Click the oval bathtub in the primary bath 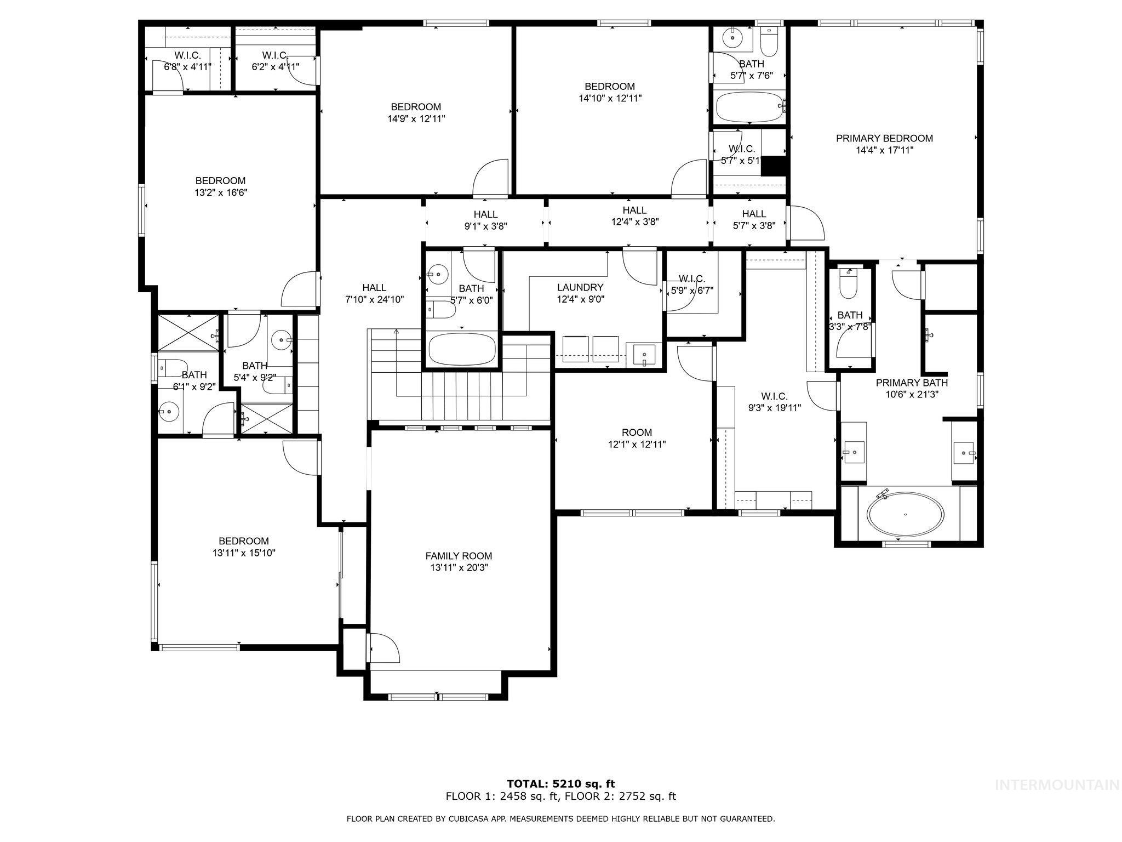pyautogui.click(x=905, y=514)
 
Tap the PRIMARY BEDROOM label pyautogui.click(x=884, y=139)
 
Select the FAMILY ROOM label pyautogui.click(x=459, y=556)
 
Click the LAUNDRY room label pyautogui.click(x=580, y=287)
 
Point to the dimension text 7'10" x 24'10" pyautogui.click(x=374, y=299)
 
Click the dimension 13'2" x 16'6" pyautogui.click(x=220, y=192)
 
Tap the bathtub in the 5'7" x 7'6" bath pyautogui.click(x=748, y=107)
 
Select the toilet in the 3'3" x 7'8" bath pyautogui.click(x=848, y=285)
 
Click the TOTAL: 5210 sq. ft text pyautogui.click(x=560, y=784)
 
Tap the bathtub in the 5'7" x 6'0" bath pyautogui.click(x=462, y=349)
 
